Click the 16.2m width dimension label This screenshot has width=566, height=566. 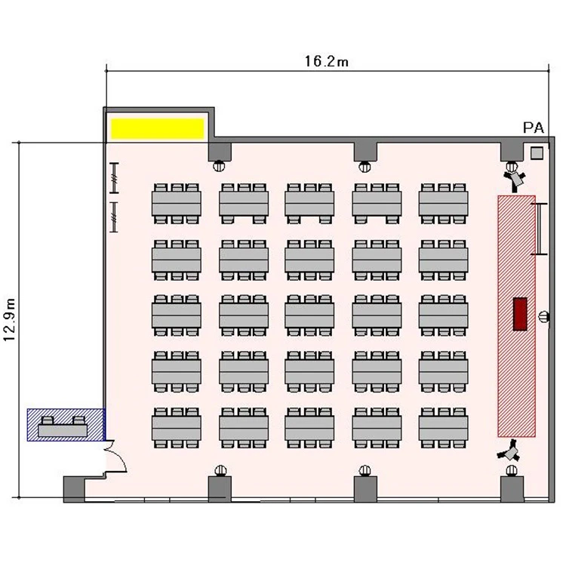tap(327, 61)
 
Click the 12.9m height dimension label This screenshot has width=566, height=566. tap(9, 319)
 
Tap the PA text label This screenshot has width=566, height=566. tap(533, 128)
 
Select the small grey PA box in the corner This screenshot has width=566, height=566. tap(537, 153)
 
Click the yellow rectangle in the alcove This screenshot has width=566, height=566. tap(158, 128)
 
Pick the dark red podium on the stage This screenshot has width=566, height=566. tap(520, 314)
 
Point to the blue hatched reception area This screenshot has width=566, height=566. tap(66, 425)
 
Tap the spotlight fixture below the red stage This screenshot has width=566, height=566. tap(509, 451)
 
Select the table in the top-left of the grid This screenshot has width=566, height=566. tap(177, 204)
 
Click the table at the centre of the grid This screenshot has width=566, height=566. tap(309, 315)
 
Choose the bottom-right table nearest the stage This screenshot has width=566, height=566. tap(443, 428)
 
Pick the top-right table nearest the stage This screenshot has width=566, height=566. tap(443, 204)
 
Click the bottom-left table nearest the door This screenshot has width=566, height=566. tap(177, 428)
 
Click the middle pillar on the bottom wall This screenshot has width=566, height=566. tap(365, 489)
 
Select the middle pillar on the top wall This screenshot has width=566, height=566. tap(365, 151)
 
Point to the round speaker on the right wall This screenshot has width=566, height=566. tap(543, 317)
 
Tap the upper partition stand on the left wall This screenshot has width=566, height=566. tap(114, 178)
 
